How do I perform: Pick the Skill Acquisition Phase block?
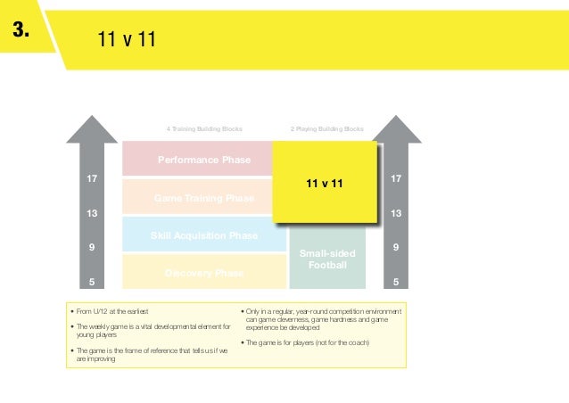(204, 235)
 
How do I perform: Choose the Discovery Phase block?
(204, 273)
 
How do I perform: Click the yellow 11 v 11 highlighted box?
(325, 183)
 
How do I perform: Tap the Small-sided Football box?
(327, 259)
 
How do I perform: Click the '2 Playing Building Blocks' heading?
(327, 129)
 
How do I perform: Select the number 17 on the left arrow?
(91, 179)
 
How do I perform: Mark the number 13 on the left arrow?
(91, 214)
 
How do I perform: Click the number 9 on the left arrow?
(91, 248)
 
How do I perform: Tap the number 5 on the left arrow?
(91, 283)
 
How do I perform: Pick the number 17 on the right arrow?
(396, 179)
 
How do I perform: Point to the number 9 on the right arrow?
(396, 248)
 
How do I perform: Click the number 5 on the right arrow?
(396, 283)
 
